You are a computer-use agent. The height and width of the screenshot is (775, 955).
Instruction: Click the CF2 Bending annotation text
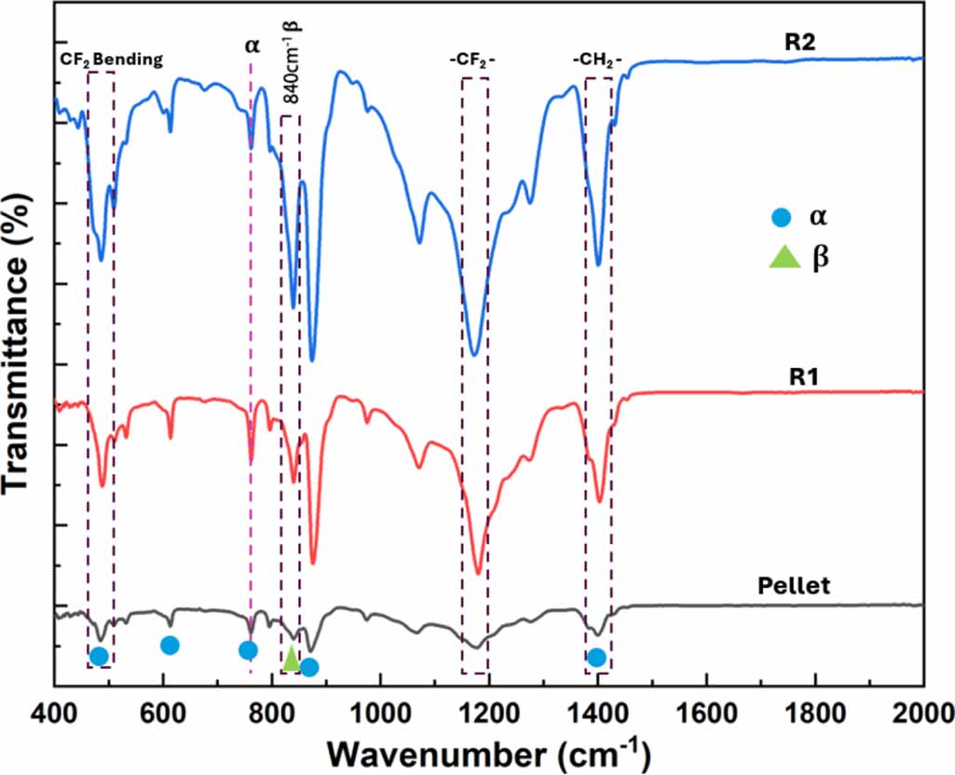pos(112,59)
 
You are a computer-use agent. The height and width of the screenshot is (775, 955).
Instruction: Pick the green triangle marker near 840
pos(292,658)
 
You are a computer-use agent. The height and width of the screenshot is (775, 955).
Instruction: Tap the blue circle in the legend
pos(782,219)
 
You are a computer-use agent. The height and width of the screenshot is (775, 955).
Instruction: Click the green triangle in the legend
pos(783,257)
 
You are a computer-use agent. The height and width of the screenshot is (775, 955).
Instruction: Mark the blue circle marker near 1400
pos(596,658)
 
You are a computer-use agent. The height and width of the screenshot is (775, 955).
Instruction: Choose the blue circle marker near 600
pos(170,645)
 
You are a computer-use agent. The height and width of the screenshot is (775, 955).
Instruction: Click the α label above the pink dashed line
pos(252,45)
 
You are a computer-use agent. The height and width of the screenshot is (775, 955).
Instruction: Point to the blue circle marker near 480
pos(99,657)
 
